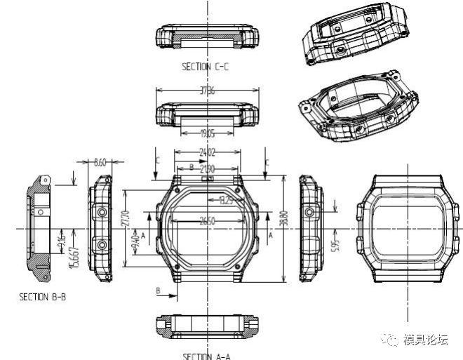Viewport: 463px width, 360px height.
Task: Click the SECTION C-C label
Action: tap(205, 67)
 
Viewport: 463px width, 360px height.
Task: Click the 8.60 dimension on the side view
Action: tap(100, 162)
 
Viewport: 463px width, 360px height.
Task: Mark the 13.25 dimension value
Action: tap(226, 201)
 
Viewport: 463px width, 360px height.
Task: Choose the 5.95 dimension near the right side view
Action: tap(336, 244)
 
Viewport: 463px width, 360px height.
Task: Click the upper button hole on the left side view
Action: tap(102, 211)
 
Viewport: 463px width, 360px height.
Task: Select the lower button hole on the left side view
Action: tap(102, 244)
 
